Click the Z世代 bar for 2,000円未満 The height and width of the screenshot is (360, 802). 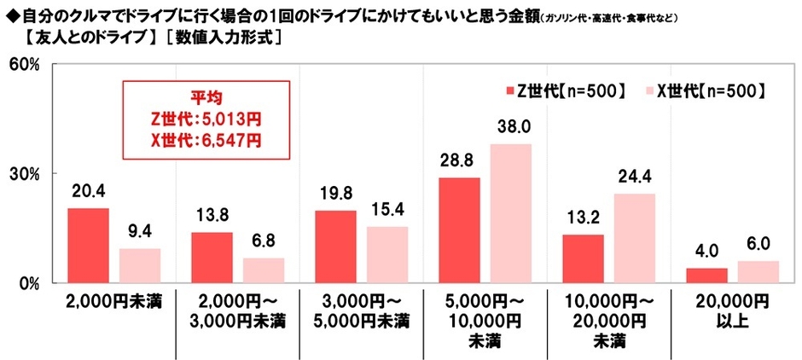point(88,245)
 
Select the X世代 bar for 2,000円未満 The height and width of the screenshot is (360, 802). point(139,265)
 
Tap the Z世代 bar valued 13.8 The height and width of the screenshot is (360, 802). point(212,257)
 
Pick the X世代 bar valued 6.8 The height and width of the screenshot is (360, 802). point(263,270)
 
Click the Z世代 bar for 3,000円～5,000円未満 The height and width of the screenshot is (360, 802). point(335,247)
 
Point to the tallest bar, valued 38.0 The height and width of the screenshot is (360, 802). point(510,213)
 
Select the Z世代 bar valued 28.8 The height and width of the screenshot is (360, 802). point(459,229)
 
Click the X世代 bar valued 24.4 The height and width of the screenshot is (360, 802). point(634,238)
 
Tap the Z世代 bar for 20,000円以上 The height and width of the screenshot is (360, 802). point(706,275)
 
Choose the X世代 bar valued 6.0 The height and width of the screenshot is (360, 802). point(758,271)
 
